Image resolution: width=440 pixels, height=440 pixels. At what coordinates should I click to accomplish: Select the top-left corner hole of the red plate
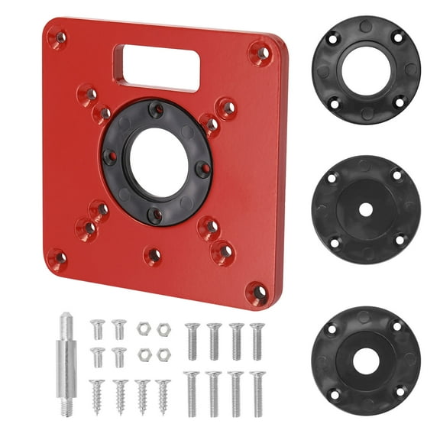pos(58,35)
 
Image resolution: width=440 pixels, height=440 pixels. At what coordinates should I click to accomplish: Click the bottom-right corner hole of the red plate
pos(258,292)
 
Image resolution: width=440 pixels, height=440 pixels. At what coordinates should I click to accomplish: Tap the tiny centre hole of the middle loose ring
pos(365,209)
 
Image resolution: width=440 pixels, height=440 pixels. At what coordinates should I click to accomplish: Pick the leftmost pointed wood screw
pos(97,395)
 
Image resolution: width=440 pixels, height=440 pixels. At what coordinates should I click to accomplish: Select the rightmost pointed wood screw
pos(163,395)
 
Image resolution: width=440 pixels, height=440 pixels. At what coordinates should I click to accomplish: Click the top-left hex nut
pos(143,328)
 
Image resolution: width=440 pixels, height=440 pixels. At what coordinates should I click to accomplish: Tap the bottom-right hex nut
pos(163,355)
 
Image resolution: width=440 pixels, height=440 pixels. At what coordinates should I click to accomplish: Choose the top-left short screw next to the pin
pos(97,329)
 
